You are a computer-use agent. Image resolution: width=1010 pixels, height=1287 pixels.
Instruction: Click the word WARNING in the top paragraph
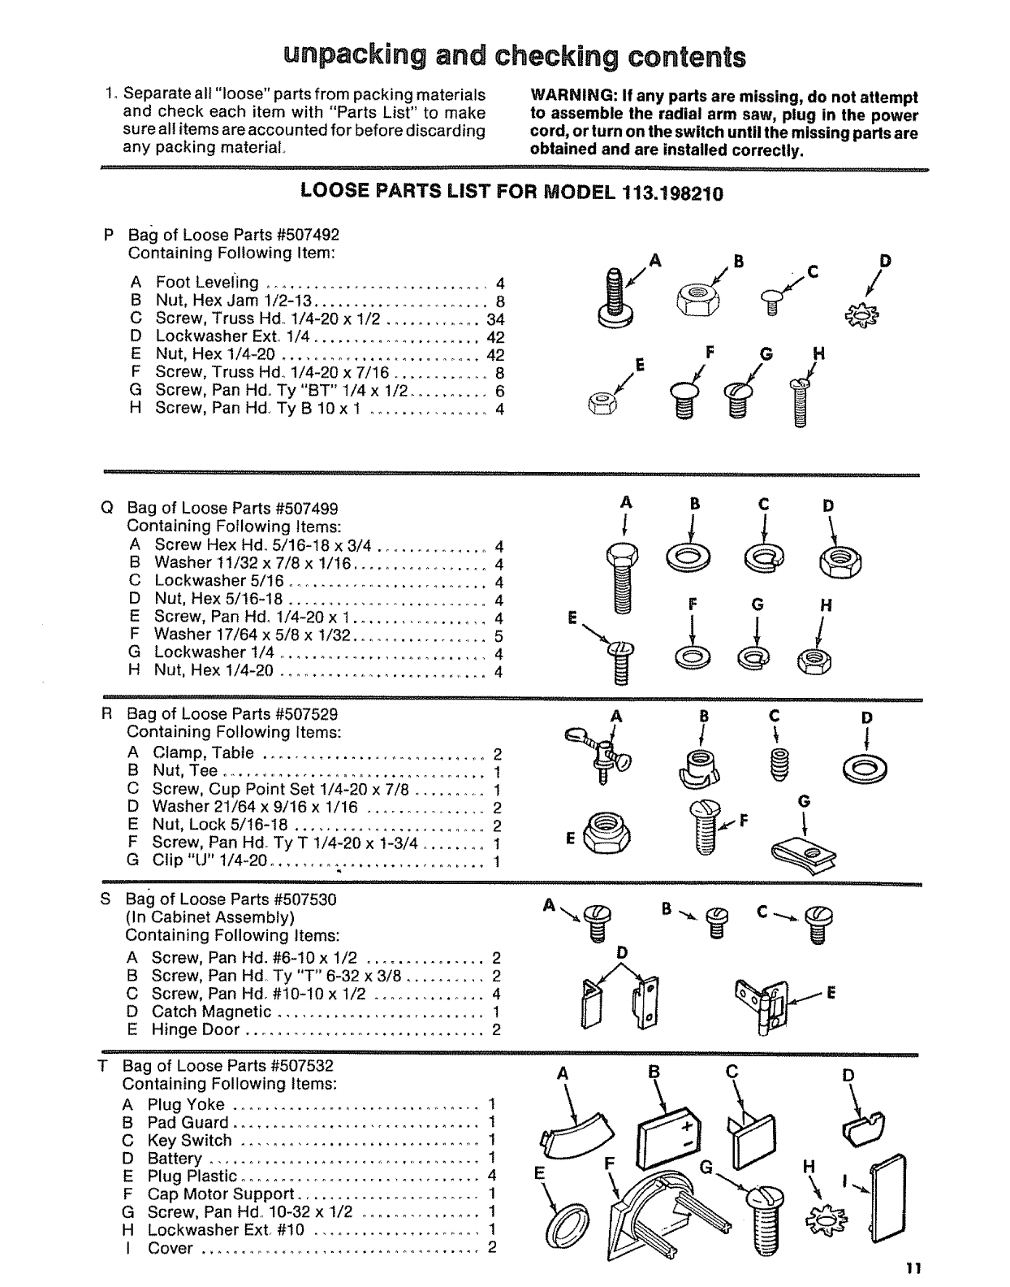[567, 97]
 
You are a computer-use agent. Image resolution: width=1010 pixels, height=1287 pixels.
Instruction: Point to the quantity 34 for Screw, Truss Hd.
[495, 318]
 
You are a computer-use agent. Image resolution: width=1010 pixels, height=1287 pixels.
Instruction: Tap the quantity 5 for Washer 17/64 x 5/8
[499, 635]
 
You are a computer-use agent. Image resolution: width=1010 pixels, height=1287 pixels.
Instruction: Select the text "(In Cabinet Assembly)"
[209, 917]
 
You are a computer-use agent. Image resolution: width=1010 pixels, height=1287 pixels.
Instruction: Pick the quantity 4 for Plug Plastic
[491, 1176]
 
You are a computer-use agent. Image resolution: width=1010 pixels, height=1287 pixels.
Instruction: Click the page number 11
[914, 1268]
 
